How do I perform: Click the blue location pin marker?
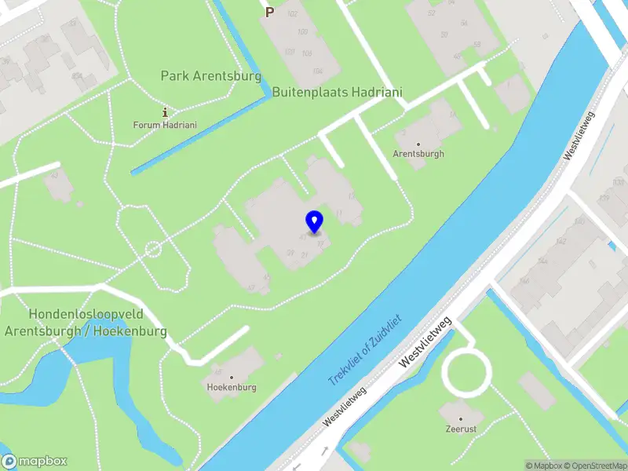(x=314, y=222)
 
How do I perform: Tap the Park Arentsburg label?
(x=210, y=76)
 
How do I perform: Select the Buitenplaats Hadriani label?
(x=338, y=93)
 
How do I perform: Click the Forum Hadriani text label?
(x=165, y=125)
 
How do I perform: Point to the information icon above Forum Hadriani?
(x=165, y=112)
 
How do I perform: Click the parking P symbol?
(x=269, y=12)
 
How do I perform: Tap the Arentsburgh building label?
(x=418, y=154)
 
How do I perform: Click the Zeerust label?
(x=462, y=429)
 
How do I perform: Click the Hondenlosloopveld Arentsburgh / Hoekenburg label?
(x=86, y=323)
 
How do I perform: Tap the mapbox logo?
(x=34, y=461)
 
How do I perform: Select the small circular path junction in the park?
(x=153, y=250)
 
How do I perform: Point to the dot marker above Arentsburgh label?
(x=418, y=144)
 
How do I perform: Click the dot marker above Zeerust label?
(x=462, y=419)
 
